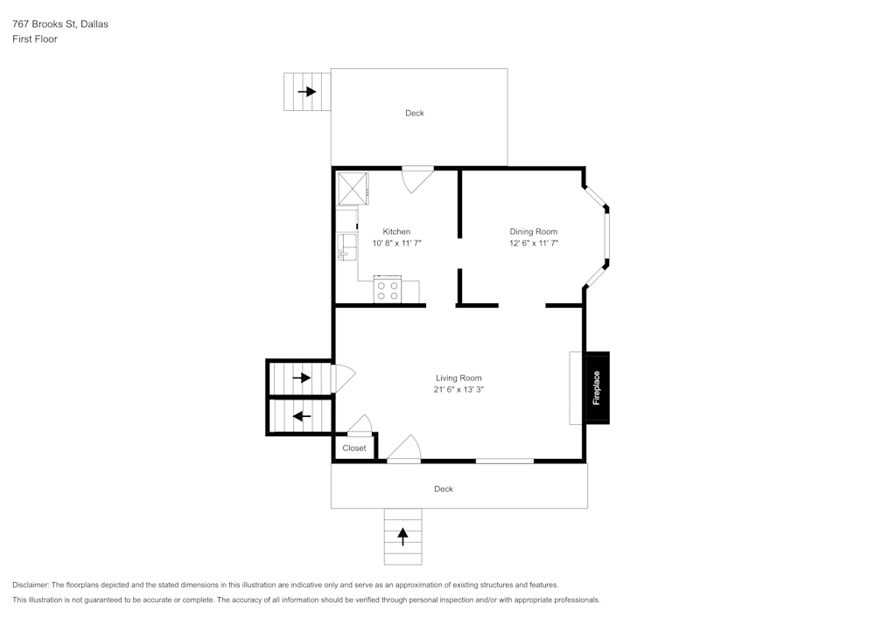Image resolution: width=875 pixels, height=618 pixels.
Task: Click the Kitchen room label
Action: pos(396,232)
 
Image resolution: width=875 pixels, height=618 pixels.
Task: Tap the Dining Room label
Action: pos(534,232)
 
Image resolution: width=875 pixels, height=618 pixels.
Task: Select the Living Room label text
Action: pos(459,378)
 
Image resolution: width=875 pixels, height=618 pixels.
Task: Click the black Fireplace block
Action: pos(597,388)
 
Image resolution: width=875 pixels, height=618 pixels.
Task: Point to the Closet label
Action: pos(354,448)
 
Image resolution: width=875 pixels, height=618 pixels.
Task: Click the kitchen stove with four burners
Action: pos(388,289)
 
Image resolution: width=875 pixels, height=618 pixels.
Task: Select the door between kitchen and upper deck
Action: pos(416,177)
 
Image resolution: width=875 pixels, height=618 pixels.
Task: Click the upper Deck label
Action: pos(415,113)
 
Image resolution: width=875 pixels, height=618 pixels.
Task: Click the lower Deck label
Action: pos(444,489)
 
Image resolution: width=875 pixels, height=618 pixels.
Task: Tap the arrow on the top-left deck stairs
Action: pos(306,91)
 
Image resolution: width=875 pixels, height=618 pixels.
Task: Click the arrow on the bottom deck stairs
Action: pos(402,536)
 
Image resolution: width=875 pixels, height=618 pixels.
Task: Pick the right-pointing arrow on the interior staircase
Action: pos(301,378)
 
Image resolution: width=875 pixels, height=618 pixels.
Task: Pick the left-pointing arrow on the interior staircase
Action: pos(301,416)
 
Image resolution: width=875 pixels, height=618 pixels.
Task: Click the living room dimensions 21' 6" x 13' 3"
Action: pos(459,390)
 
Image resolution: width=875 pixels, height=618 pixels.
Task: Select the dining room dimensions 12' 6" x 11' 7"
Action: pos(534,243)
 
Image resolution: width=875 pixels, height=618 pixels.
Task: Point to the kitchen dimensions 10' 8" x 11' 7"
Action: pos(396,243)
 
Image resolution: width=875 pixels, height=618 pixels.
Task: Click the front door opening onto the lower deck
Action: pos(403,449)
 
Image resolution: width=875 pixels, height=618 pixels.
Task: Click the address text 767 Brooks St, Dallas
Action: pos(60,24)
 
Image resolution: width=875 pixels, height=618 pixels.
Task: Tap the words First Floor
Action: pos(35,39)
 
